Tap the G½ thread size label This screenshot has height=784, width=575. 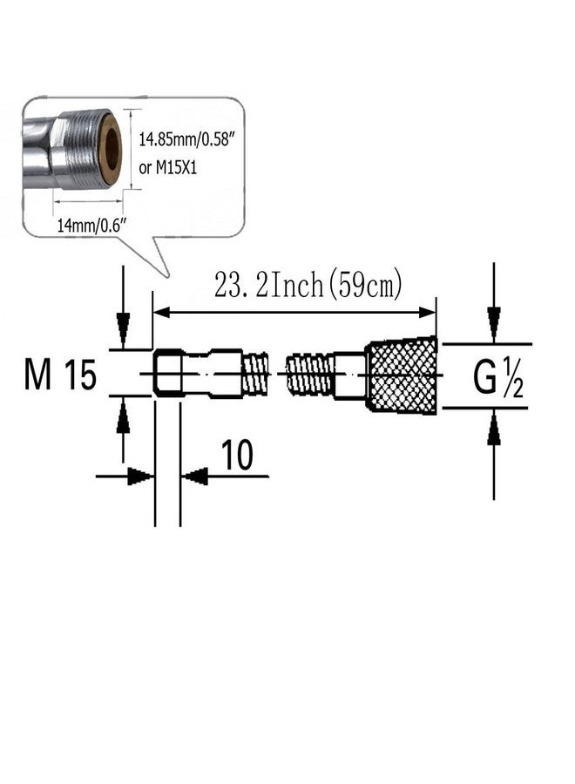[497, 379]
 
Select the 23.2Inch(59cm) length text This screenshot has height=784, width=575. [308, 286]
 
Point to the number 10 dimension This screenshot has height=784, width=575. [237, 455]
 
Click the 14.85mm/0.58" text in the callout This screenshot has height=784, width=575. [186, 139]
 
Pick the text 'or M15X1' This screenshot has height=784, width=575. [167, 167]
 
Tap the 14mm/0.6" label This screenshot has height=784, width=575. [91, 226]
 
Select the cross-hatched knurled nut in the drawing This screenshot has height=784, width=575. [403, 375]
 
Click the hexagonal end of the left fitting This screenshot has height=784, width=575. [168, 374]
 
